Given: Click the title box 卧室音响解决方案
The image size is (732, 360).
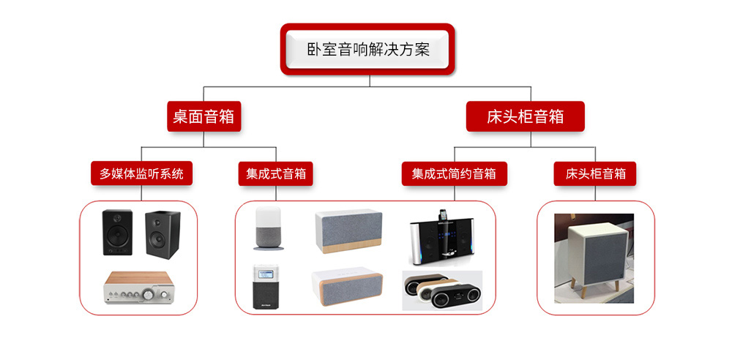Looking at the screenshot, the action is tap(367, 50).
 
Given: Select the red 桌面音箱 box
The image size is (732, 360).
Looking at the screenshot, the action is tap(204, 116).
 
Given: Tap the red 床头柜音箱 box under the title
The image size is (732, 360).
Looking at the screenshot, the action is tap(525, 116).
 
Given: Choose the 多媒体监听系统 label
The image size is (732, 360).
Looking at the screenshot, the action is tap(141, 174).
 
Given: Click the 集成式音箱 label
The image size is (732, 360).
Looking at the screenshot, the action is tap(276, 174).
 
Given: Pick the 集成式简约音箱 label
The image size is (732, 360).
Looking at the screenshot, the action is tap(455, 174).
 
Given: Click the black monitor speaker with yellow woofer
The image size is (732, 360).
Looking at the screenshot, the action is tap(118, 233).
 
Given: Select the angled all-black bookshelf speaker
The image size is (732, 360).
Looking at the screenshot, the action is tap(163, 235).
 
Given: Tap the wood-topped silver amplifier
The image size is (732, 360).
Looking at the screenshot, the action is tap(138, 287).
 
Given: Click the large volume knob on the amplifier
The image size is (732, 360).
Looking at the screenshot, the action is tap(149, 294).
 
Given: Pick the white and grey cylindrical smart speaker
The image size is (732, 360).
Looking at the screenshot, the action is tap(268, 228).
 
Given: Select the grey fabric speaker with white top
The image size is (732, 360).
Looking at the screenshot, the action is tap(348, 232).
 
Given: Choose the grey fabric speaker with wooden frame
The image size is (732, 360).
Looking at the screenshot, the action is tap(347, 286).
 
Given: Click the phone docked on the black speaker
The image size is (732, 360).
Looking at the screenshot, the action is tap(442, 215).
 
